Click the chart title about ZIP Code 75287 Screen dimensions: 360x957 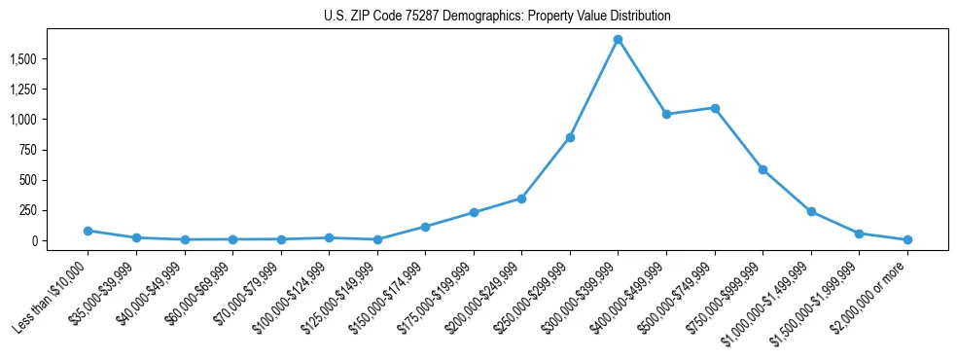point(497,17)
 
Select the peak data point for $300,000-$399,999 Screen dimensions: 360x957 point(618,39)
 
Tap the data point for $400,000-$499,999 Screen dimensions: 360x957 point(666,114)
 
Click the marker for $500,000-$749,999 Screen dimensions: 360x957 point(715,108)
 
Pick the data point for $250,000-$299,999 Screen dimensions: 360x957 point(570,137)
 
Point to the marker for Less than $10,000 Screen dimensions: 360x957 point(88,231)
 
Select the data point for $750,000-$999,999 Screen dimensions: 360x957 point(762,169)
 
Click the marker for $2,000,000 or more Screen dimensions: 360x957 point(907,239)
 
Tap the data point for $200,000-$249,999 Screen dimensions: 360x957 point(521,198)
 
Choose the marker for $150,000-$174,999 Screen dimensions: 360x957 point(425,227)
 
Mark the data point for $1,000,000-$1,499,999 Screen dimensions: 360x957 point(811,211)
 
